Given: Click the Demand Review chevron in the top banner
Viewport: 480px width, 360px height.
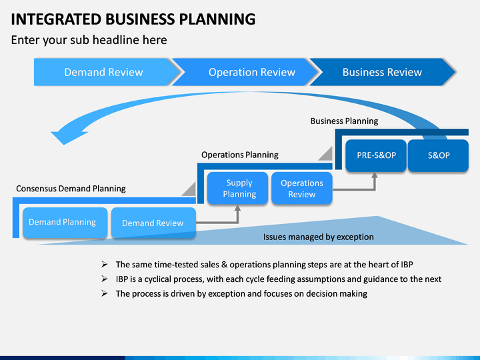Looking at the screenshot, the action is coord(104,72).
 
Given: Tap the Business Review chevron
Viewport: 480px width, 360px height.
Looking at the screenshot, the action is coord(383,72).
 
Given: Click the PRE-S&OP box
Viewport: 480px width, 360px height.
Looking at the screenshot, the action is coord(376,155).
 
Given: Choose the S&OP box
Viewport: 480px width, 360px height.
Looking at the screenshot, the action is coord(439,155).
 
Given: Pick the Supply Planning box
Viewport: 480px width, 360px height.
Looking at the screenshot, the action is coord(237,188).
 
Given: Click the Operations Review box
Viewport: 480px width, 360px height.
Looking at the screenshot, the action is coord(302,188).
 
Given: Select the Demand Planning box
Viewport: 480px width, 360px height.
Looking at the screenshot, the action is coord(65,223).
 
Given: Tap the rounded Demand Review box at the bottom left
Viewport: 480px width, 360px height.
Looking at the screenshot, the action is coord(153,223).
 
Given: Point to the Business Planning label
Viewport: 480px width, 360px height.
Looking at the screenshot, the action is coord(344,121).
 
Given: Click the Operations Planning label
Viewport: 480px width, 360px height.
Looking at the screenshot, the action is coord(240,155).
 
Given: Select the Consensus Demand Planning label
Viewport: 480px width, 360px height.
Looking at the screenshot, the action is coord(71,189).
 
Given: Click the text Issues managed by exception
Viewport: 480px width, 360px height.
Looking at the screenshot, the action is coord(319,237).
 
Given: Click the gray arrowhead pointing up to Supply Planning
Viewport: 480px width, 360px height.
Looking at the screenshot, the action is coord(237,208).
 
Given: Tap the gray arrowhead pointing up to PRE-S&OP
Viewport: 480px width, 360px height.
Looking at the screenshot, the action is coord(374,175).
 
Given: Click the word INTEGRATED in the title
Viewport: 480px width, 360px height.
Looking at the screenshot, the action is coord(56,19).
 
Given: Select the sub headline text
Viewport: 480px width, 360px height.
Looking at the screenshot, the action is coord(89,40).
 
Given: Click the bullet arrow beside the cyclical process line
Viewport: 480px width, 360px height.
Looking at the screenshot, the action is coord(105,279).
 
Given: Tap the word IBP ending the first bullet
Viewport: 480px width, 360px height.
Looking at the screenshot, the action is coord(407,265).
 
